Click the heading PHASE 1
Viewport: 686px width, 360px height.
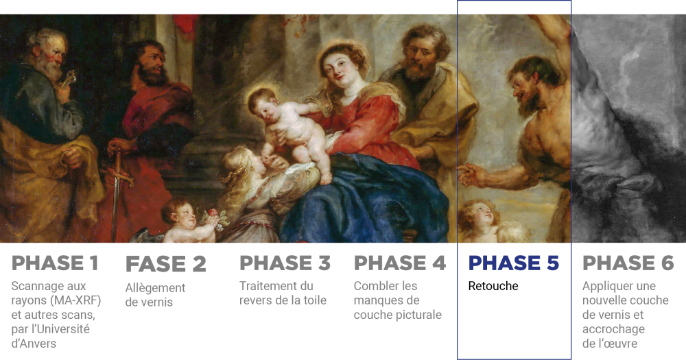coord(55,263)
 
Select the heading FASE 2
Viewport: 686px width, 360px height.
coord(166,264)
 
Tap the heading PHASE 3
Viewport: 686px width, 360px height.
coord(285,263)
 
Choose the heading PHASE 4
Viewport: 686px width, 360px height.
coord(399,263)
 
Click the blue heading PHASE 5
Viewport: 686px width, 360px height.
coord(514,263)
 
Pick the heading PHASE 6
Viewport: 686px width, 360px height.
coord(628,263)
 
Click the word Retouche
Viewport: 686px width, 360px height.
coord(493,286)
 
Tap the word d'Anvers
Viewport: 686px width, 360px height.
coord(34,344)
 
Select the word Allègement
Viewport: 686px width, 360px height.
coord(155,288)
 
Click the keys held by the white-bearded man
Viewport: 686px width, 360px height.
coord(70,78)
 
